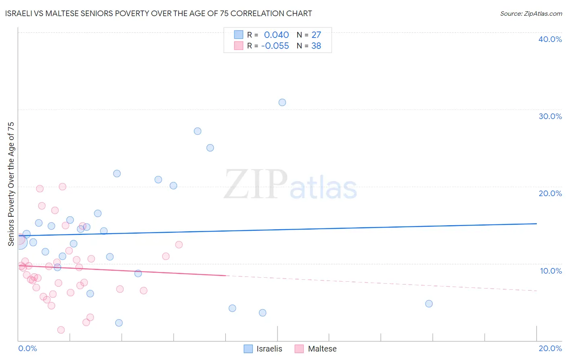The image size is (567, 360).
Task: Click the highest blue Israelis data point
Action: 282,103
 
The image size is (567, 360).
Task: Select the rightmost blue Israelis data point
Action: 429,303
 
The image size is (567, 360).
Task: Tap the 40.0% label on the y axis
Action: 550,39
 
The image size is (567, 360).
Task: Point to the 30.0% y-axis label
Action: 550,116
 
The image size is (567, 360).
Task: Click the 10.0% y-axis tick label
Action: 551,271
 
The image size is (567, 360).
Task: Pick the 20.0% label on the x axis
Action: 550,348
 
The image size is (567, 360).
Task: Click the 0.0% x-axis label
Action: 27,348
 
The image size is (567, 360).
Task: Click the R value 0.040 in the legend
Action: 276,35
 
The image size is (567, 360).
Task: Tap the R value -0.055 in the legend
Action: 275,46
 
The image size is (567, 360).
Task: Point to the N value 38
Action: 316,46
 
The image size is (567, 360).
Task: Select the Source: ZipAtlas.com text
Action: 531,14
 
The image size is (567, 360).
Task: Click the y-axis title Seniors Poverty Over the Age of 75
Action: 11,184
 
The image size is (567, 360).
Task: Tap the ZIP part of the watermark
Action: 255,185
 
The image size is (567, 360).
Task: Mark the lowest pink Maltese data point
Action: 61,330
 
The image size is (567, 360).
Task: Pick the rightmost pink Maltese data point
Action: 179,245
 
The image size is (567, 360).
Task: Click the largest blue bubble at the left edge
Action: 19,242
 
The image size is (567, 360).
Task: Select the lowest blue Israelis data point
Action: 119,323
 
